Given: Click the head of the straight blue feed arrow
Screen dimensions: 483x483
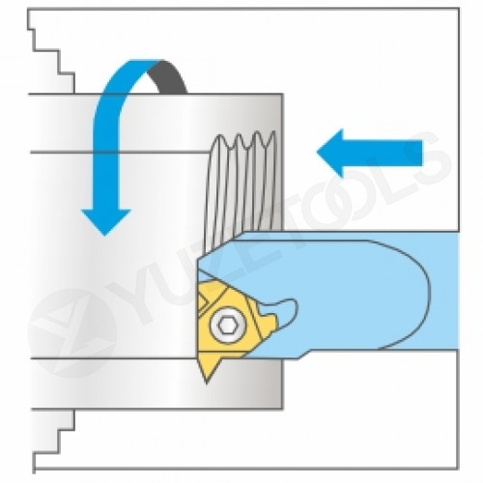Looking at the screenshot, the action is click(x=329, y=153).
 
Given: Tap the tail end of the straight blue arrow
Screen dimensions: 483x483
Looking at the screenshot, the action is click(x=421, y=153).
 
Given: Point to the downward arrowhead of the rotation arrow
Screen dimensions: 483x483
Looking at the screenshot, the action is click(x=105, y=222).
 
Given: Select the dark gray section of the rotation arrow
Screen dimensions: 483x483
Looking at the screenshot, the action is click(x=167, y=75).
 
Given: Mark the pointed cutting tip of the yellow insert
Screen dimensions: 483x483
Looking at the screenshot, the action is click(x=207, y=383).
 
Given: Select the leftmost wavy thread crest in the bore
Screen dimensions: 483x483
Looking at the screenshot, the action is click(x=219, y=138).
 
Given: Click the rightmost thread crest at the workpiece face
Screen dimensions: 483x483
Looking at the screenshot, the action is click(x=272, y=134).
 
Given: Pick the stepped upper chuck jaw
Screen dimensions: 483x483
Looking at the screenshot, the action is click(x=51, y=55).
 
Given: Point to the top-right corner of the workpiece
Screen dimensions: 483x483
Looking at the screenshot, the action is click(x=282, y=95).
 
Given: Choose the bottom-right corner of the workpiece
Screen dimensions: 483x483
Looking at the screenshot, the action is click(x=282, y=409).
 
